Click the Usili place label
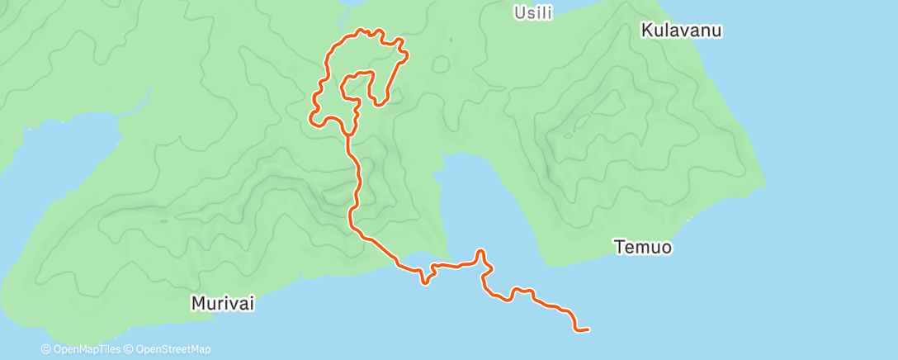(532, 12)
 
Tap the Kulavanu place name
(682, 31)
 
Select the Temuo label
(642, 246)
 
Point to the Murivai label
(223, 304)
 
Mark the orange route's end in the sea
(587, 329)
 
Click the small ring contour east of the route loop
(441, 64)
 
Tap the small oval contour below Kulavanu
(583, 121)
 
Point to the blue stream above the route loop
(347, 7)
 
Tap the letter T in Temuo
(618, 246)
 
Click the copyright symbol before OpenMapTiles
(46, 349)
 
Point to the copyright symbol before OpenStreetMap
(128, 349)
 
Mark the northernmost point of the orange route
(362, 31)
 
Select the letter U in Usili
(518, 12)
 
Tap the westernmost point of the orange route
(311, 118)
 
